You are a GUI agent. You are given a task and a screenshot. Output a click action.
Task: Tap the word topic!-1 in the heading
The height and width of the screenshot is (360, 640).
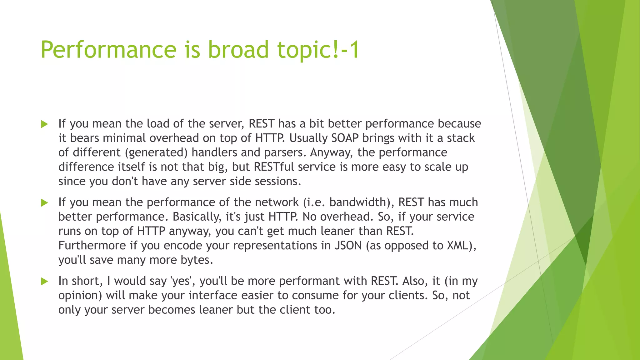[318, 50]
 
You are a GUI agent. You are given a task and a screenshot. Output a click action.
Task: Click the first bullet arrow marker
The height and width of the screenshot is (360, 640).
[45, 124]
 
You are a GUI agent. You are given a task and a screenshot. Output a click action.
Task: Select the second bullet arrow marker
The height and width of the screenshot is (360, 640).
[45, 203]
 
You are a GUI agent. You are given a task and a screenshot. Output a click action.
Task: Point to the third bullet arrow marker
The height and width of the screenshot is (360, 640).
[45, 282]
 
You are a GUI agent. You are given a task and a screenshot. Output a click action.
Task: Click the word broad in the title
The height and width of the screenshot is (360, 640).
[238, 50]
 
